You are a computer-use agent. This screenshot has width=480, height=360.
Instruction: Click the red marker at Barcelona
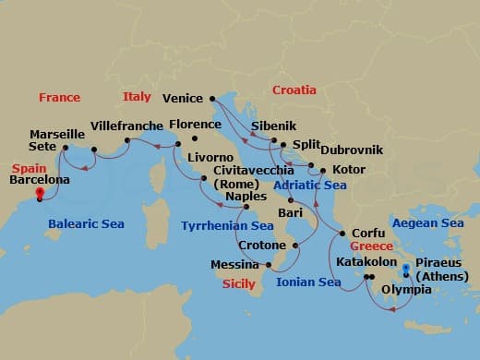(39, 194)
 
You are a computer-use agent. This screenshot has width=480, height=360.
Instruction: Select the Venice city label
(183, 97)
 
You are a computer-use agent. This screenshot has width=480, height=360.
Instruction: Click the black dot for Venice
(211, 97)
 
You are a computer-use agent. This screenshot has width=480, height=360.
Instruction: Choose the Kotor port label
(348, 170)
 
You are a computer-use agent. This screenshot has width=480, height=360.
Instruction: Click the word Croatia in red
(294, 90)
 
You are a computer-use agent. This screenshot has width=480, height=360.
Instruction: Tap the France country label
(59, 97)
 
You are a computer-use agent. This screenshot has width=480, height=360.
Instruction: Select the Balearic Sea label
(87, 223)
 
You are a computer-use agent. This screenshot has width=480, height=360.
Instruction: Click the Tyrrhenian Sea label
(227, 225)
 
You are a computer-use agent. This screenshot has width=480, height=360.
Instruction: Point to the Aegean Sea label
(427, 223)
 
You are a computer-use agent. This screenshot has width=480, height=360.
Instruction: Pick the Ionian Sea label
(310, 282)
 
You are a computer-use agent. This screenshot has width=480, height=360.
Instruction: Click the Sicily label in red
(238, 284)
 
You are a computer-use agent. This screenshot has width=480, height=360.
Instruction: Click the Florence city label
(195, 124)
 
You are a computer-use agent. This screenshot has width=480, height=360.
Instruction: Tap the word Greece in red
(370, 247)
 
